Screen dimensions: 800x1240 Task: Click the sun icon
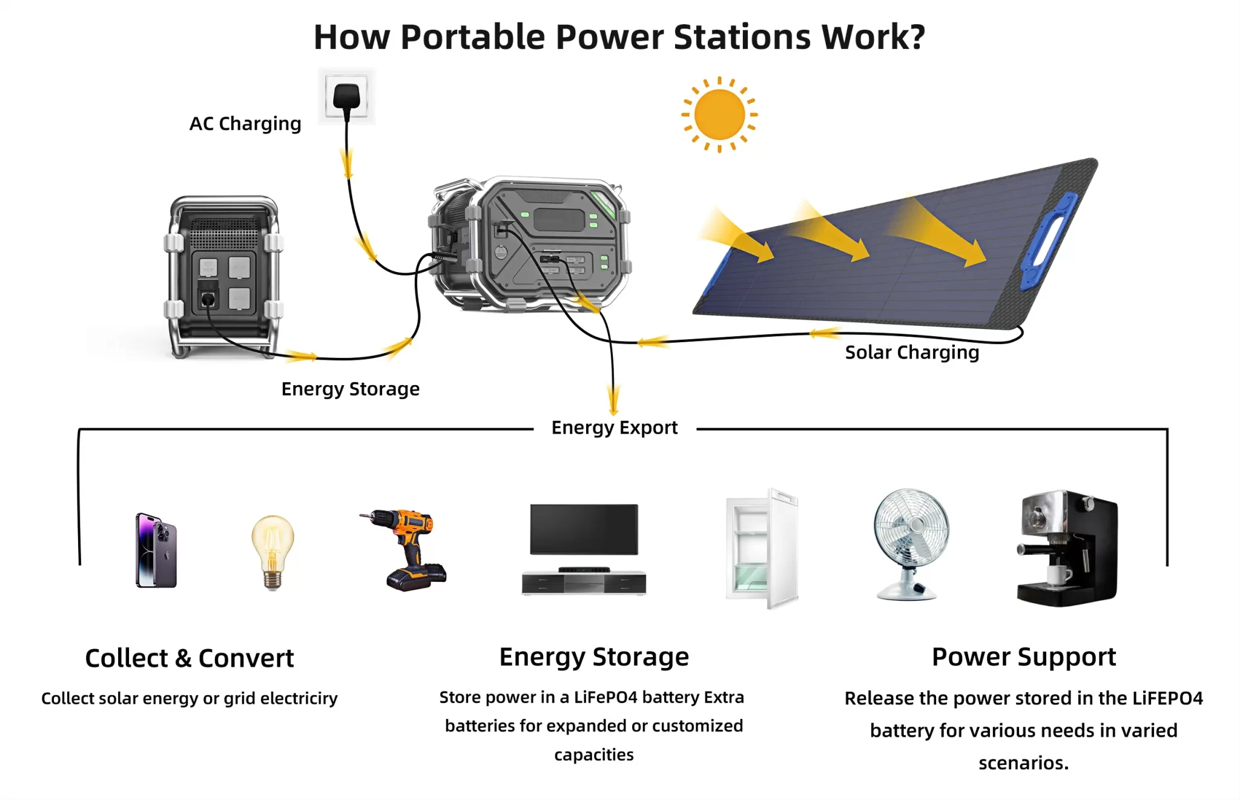pos(719,114)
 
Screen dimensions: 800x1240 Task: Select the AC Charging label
pos(245,124)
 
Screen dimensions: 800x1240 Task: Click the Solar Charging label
pos(912,352)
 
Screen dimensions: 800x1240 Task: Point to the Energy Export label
pos(614,428)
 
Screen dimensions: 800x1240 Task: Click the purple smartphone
pos(156,550)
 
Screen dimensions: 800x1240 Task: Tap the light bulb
pos(272,550)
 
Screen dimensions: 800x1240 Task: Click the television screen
pos(584,529)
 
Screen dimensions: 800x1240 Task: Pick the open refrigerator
pos(762,549)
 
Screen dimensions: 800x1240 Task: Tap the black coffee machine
pos(1067,548)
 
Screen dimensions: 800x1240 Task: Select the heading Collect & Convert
pos(190,658)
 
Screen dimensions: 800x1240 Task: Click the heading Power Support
pos(1023,657)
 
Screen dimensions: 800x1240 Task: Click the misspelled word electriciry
pos(298,699)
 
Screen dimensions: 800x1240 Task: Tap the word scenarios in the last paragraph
pos(1023,763)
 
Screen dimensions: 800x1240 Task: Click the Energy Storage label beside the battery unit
pos(350,389)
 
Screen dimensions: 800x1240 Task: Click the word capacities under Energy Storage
pos(594,755)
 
